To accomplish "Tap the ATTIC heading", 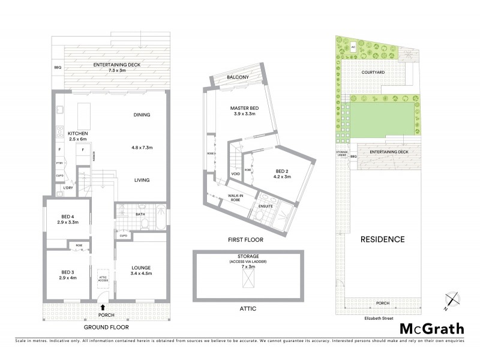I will (x=247, y=309).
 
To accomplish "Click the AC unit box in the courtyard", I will (x=353, y=47).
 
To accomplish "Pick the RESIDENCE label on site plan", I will (x=382, y=239).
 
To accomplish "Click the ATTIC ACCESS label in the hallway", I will (x=102, y=277).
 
